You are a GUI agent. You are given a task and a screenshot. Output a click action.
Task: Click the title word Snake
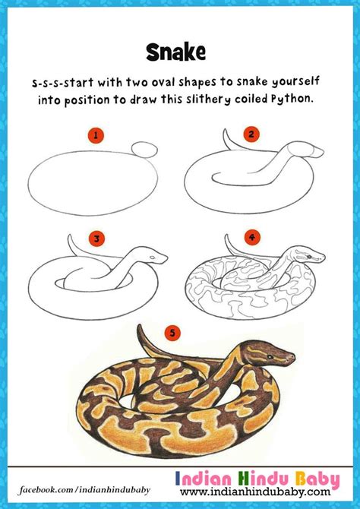coord(177,51)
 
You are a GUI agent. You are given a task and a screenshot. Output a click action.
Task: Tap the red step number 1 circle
coord(96,136)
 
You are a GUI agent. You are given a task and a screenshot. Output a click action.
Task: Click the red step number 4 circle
coord(252,236)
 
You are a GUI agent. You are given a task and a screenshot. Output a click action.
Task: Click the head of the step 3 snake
coord(156,257)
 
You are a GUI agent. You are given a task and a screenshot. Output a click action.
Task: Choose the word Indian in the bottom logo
coord(209,479)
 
